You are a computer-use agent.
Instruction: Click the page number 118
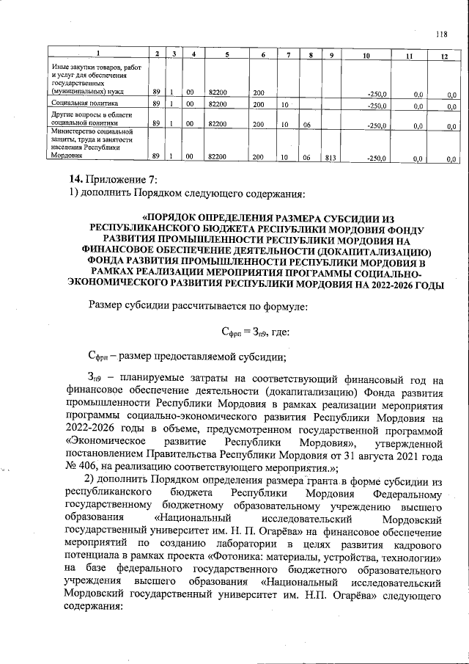click(441, 33)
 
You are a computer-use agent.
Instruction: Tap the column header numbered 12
click(443, 56)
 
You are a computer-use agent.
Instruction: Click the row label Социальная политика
click(78, 105)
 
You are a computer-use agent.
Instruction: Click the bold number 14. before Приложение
click(75, 179)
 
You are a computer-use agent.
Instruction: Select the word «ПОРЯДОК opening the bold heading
click(174, 218)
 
